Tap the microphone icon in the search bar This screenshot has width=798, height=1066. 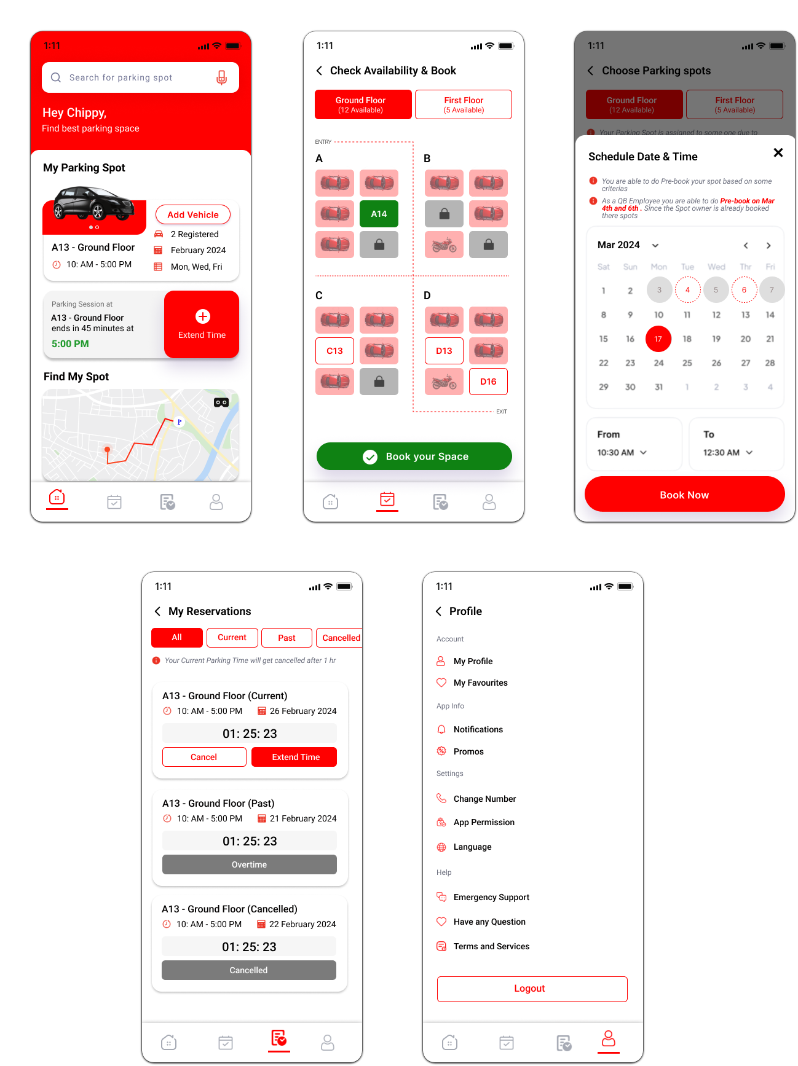coord(221,77)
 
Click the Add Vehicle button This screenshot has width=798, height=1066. coord(193,214)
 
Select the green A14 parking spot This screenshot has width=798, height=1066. coord(379,214)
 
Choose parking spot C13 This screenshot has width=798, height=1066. coord(334,351)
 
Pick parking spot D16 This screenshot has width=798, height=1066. coord(488,382)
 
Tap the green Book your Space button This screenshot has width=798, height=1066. coord(414,457)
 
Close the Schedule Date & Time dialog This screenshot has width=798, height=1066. coord(778,152)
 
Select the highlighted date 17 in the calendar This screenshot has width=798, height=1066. coord(658,339)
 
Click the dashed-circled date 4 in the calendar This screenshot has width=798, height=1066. coord(687,290)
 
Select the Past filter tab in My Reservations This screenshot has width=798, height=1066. coord(286,638)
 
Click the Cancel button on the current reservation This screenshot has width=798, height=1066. coord(204,757)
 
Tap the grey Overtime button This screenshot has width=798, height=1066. coord(250,864)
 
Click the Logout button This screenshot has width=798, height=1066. coord(532,989)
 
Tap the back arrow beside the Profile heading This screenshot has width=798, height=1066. coord(439,611)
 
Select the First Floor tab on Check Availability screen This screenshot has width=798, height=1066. coord(464,104)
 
